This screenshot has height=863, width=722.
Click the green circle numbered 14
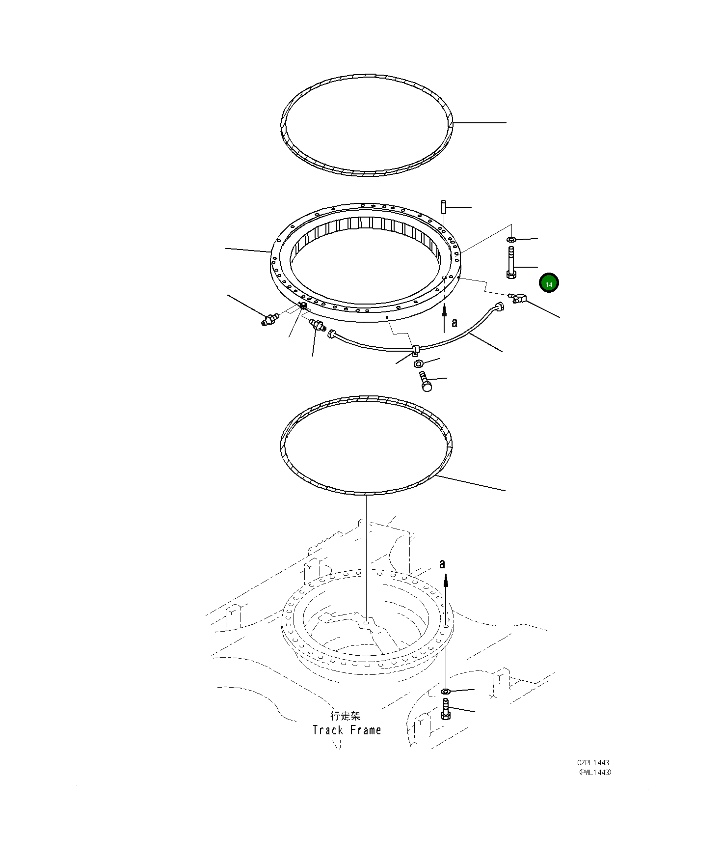pos(549,283)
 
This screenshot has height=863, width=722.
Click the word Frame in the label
pos(365,730)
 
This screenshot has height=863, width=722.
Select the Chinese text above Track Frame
pos(346,716)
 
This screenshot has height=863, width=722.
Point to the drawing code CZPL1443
pos(593,763)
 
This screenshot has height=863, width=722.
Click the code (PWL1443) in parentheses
pos(595,772)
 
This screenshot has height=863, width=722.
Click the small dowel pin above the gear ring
pos(443,206)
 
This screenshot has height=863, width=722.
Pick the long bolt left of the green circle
pos(510,263)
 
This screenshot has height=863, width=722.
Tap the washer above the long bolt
pos(510,239)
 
